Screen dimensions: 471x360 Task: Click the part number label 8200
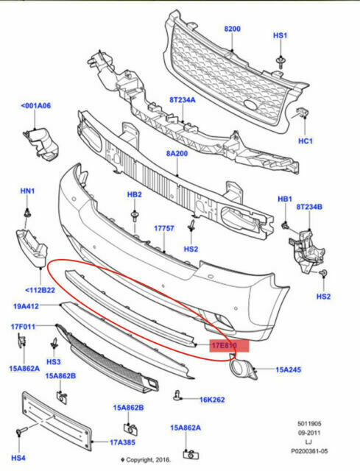point(232,29)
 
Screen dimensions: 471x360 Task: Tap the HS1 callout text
point(280,35)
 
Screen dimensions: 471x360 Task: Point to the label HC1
point(305,141)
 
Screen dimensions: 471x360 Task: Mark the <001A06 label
point(36,106)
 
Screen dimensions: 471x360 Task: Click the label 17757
point(163,229)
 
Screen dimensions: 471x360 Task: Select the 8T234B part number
point(310,208)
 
